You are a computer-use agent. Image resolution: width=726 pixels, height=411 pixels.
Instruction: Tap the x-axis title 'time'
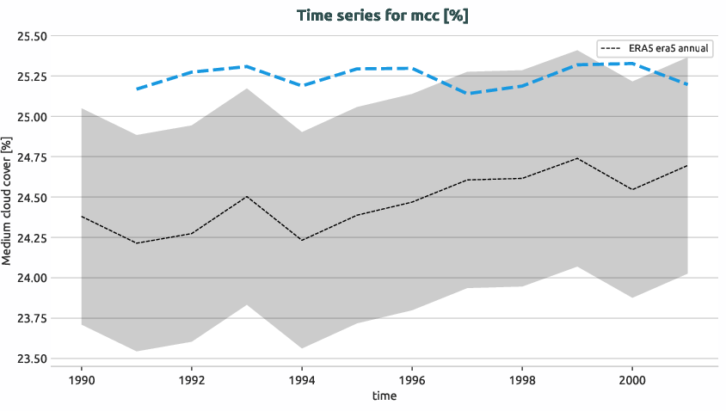385,396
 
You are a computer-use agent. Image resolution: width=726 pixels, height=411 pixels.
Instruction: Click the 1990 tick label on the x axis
82,378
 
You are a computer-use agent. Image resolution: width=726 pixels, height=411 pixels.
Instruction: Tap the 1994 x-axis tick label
302,378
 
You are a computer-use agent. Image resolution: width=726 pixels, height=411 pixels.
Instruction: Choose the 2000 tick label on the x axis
632,378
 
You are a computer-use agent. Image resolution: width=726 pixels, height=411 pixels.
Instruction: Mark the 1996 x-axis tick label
412,378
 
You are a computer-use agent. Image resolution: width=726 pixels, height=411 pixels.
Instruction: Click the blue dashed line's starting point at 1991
137,89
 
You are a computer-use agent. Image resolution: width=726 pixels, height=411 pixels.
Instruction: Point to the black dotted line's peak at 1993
247,196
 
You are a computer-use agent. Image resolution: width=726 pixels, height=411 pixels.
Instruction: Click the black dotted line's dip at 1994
302,240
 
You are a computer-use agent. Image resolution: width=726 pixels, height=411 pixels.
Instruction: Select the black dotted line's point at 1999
577,158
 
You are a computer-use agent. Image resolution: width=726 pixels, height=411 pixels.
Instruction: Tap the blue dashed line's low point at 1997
467,93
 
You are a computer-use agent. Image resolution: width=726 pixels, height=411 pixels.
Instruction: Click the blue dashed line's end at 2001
687,83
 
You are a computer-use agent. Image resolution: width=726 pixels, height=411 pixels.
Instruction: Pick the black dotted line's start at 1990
82,217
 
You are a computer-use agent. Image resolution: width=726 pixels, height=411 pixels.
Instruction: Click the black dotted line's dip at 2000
632,189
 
